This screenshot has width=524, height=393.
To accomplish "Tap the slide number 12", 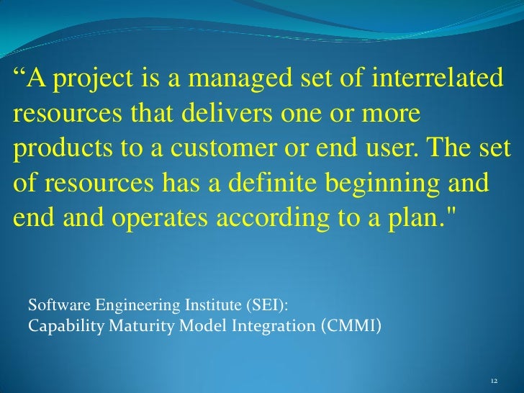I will [x=494, y=381].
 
